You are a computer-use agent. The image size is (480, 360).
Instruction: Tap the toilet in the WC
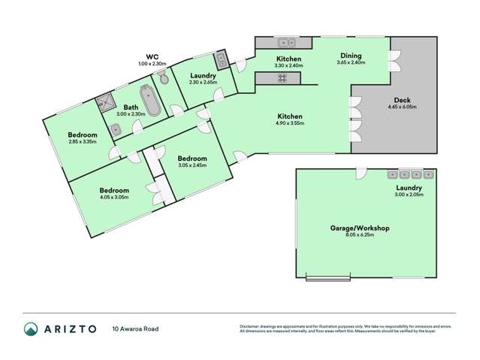coord(164,79)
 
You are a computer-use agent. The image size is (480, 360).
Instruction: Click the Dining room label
coord(351,55)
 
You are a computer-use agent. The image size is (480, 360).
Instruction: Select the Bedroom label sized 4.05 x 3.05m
coord(114,190)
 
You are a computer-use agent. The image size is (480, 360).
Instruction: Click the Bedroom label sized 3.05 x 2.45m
coord(192,159)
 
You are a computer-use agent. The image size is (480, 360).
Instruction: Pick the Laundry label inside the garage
coord(409,187)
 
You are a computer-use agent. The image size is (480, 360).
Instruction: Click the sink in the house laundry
coord(222,59)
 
